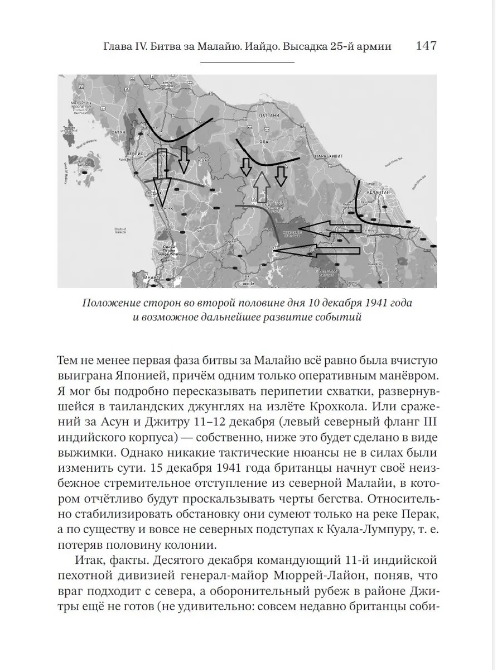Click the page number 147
[x=426, y=46]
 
